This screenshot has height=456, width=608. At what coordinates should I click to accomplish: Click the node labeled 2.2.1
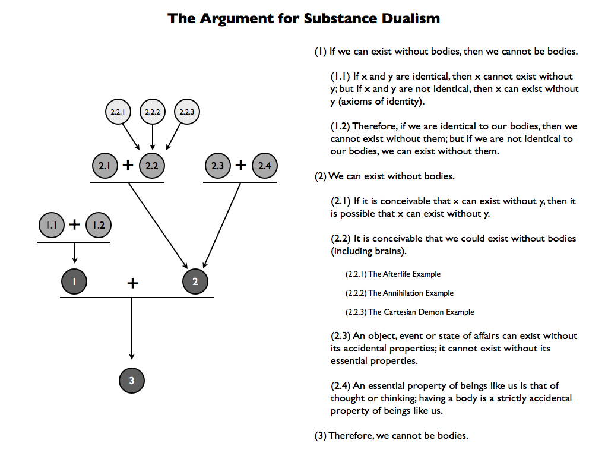point(118,112)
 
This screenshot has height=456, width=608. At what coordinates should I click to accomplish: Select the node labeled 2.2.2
point(153,112)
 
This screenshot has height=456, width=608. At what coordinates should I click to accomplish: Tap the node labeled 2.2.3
point(187,112)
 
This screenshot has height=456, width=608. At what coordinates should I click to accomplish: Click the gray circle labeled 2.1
point(104,166)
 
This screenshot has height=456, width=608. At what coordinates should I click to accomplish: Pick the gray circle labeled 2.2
point(151,166)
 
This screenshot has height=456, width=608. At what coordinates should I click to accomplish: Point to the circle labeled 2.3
point(217,166)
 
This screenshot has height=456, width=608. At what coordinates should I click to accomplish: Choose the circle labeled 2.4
point(264,166)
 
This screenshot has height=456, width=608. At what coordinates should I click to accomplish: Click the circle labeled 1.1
point(52,225)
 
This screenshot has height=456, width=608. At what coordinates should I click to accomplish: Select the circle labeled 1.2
point(99,225)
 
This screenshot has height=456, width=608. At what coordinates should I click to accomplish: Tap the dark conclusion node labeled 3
point(132,381)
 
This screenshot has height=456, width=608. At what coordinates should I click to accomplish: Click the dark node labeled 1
point(74,281)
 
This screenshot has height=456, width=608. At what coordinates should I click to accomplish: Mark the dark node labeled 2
point(195,281)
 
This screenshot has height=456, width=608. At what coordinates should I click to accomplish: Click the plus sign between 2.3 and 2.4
point(241,165)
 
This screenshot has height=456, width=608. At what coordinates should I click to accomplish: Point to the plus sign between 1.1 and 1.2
point(74,224)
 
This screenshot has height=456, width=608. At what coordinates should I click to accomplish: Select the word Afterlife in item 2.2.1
point(396,274)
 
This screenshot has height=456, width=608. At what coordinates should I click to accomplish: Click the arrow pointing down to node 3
point(132,328)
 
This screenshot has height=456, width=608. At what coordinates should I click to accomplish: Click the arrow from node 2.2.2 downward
point(153,137)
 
